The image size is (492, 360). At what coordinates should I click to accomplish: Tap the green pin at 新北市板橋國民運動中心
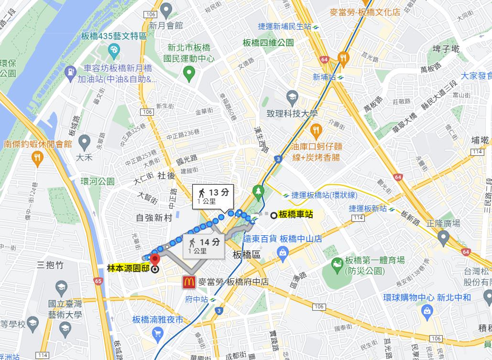pos(189,74)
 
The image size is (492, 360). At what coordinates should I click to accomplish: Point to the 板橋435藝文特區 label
pos(113,36)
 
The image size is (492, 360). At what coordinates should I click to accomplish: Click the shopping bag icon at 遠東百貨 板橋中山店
pos(283,251)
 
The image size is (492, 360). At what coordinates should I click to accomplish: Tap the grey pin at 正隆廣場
pos(443,236)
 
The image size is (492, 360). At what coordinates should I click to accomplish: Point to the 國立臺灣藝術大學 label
pos(66,309)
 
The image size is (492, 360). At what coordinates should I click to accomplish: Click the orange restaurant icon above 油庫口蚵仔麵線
pos(316,130)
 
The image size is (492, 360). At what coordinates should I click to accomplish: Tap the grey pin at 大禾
pos(84,141)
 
